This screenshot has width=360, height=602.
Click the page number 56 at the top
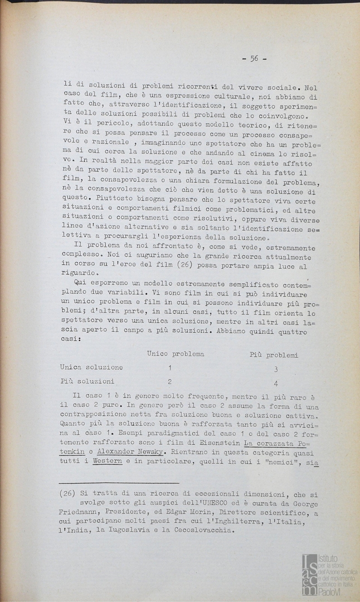[x=254, y=58]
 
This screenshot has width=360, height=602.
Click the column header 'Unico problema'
[x=176, y=354]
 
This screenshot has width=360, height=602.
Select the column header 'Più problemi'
[x=273, y=355]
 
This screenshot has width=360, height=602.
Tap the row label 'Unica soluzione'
[x=91, y=368]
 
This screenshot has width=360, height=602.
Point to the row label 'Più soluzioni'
[x=87, y=382]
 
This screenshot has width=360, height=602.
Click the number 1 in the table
[x=170, y=368]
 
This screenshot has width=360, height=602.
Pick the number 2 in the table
[x=169, y=382]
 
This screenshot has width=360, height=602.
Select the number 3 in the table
[x=276, y=369]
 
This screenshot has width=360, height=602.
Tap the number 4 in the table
[x=276, y=383]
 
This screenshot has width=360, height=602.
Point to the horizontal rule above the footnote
[x=119, y=483]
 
